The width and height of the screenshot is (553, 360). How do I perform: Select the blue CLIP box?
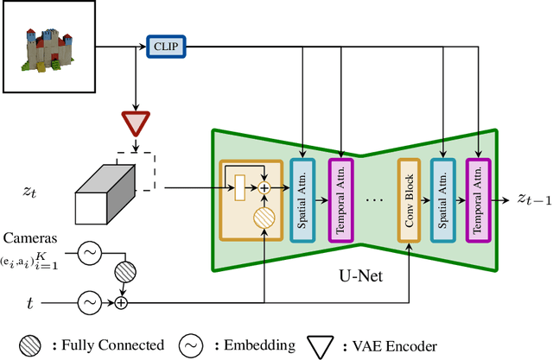pos(164,45)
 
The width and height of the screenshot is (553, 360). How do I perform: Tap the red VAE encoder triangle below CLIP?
pos(134,123)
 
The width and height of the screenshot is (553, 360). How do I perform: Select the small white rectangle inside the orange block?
pos(240,184)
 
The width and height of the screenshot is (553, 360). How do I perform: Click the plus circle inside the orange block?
pos(264,186)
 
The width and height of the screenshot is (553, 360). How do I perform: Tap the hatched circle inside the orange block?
pos(264,217)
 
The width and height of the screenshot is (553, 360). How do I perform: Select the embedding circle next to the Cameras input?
pos(89,253)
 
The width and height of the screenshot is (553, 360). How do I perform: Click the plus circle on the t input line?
pos(120,302)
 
